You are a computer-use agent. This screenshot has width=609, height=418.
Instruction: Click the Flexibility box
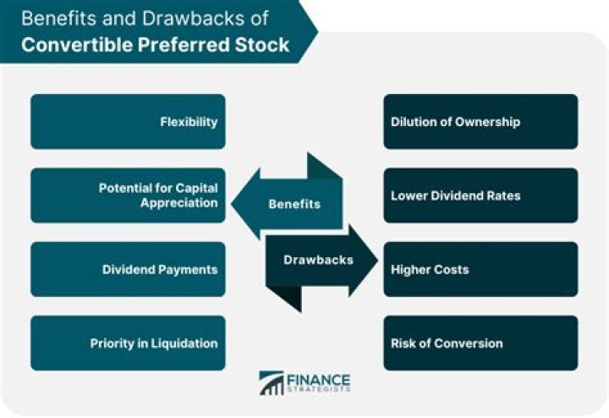click(x=128, y=122)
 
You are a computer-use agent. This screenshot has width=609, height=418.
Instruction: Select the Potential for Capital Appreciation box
click(x=128, y=195)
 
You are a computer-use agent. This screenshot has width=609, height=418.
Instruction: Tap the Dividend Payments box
click(x=128, y=269)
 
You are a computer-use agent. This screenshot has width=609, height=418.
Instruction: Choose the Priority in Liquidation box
click(x=128, y=343)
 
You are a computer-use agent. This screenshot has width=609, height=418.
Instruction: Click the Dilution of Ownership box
click(x=480, y=122)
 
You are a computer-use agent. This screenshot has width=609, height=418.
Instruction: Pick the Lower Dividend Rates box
click(x=480, y=195)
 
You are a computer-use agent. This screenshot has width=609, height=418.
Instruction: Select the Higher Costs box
click(x=480, y=269)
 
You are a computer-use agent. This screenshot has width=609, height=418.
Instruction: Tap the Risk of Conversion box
click(x=480, y=343)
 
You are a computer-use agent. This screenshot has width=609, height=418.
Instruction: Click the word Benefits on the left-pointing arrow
click(x=294, y=204)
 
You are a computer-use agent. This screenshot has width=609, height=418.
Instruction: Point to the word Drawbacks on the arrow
click(x=319, y=260)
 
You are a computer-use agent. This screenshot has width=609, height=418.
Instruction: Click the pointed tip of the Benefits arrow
click(x=232, y=204)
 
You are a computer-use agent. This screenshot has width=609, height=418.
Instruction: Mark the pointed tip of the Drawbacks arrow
click(x=378, y=260)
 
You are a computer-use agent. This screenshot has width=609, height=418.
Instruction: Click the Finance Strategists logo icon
click(x=272, y=383)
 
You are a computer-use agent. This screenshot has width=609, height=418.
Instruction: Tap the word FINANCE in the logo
click(x=319, y=380)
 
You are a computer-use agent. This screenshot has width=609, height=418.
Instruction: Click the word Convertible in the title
click(x=77, y=45)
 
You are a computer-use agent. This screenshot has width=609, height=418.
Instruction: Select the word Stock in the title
click(x=261, y=45)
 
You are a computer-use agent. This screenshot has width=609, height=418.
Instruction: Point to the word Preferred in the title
click(x=184, y=45)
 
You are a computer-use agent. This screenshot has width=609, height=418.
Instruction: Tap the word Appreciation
click(x=179, y=203)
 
